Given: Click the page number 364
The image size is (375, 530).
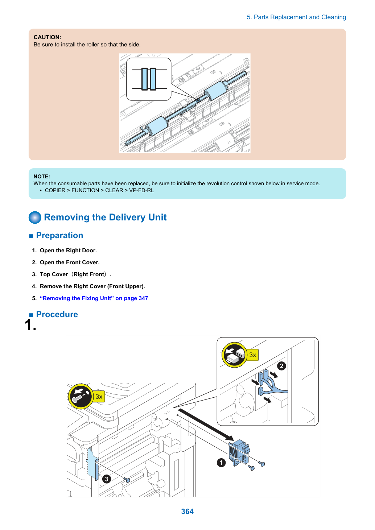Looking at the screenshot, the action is (187, 511).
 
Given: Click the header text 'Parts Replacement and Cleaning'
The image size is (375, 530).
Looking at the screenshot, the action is (300, 17).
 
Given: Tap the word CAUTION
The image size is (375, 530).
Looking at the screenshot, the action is (47, 37).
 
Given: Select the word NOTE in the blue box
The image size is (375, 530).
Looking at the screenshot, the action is (42, 176).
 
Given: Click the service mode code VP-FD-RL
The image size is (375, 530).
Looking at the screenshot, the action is (141, 190).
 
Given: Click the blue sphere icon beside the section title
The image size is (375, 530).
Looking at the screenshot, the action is (35, 217).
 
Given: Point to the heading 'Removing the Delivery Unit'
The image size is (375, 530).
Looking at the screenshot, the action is (105, 217).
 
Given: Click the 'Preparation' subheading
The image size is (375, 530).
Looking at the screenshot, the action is (59, 235).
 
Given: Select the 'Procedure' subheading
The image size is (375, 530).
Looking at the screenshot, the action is (57, 314).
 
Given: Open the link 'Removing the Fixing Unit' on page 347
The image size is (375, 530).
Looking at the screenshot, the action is (94, 298).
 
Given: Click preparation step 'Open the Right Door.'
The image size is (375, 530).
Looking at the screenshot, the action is (68, 250).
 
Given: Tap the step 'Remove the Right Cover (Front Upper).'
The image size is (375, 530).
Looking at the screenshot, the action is (92, 286).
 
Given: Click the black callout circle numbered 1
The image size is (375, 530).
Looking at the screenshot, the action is (221, 463).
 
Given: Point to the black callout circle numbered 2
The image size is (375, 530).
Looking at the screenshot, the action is (281, 366).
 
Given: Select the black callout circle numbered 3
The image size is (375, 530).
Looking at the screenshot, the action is (107, 479).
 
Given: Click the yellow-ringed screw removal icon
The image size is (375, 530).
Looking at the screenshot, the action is (81, 396).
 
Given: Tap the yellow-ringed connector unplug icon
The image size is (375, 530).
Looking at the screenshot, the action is (234, 355).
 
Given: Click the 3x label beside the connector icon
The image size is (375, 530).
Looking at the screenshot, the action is (253, 355).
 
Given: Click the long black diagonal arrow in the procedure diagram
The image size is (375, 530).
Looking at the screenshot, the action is (206, 425).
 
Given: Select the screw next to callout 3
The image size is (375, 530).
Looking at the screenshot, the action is (127, 480).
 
